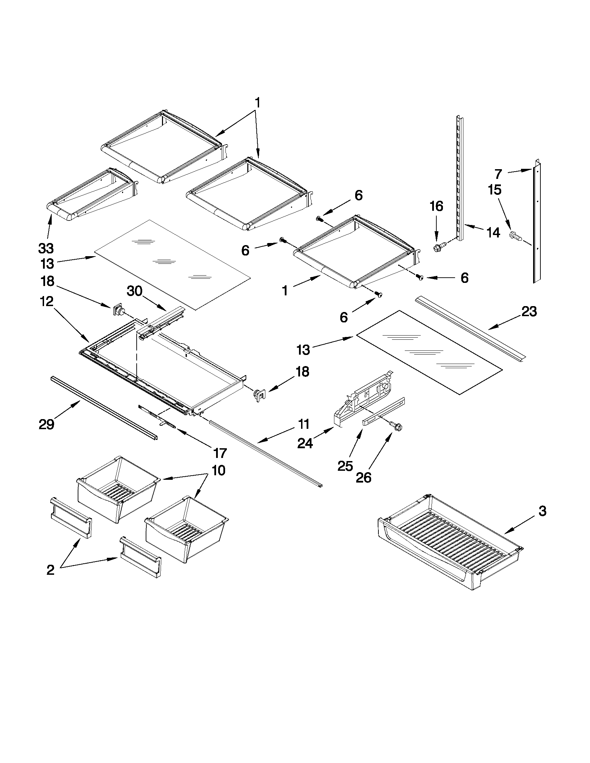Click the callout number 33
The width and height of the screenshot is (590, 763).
46,249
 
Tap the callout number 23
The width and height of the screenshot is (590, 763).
529,311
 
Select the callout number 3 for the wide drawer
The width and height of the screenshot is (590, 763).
542,511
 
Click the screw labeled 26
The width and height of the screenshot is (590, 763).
397,426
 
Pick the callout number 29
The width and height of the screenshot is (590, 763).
46,424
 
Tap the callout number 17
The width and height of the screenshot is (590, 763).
220,453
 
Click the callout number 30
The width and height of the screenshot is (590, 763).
135,290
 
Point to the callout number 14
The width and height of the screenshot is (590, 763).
493,232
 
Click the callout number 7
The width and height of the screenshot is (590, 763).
498,174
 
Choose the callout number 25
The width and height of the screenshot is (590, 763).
345,466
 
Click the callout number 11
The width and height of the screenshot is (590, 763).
304,424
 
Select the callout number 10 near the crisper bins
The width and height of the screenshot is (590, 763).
219,470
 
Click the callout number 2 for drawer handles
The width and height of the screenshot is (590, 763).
50,570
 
